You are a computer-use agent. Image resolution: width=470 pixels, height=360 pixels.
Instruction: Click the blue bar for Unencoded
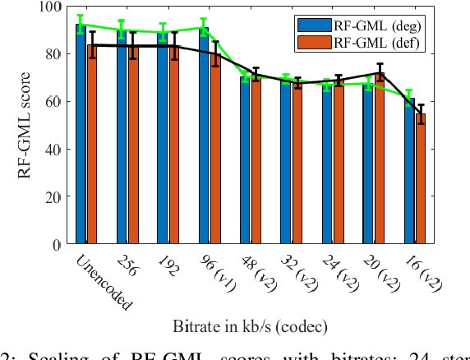[81, 140]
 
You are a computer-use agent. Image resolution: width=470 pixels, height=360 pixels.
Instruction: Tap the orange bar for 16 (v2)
[420, 181]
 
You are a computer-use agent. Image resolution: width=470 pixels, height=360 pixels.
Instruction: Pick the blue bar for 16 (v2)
[409, 173]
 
